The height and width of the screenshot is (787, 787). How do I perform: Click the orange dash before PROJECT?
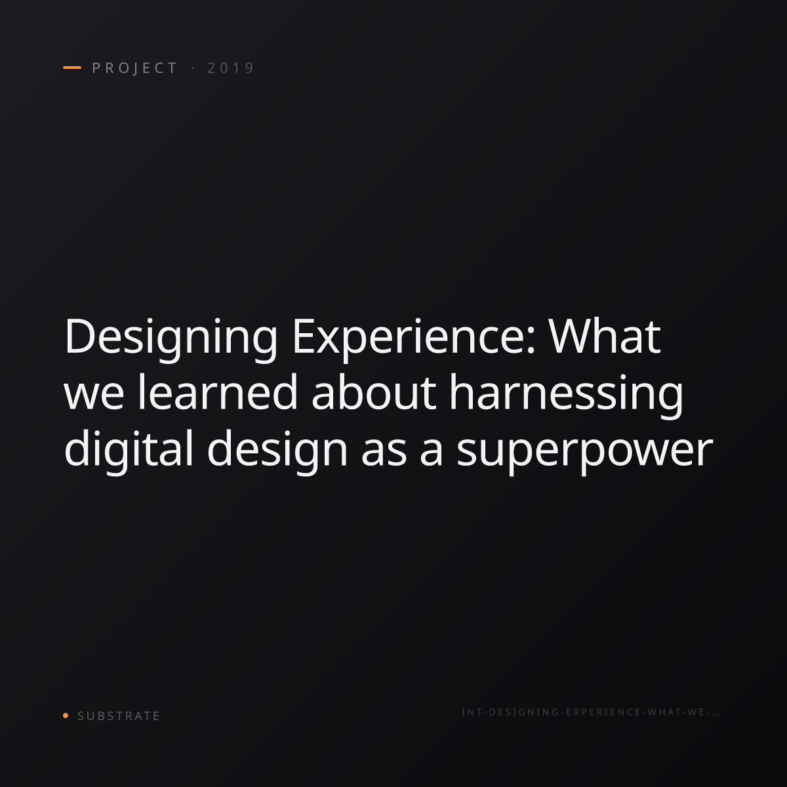72,68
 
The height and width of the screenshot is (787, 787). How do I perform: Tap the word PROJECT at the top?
134,68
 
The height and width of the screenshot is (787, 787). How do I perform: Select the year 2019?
231,68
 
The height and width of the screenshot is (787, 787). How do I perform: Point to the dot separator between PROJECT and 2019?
193,68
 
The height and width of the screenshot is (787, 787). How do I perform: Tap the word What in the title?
604,336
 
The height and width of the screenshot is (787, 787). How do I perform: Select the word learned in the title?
218,392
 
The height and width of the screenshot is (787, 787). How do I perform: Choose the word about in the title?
374,392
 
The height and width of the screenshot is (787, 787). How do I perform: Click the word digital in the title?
129,451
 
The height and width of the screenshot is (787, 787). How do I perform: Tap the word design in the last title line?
277,451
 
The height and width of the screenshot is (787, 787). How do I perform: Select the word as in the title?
384,453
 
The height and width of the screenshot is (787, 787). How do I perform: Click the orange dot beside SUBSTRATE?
66,716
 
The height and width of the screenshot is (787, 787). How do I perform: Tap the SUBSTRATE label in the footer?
119,716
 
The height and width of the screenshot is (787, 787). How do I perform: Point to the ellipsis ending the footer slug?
715,714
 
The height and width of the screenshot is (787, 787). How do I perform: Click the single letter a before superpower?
432,453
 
